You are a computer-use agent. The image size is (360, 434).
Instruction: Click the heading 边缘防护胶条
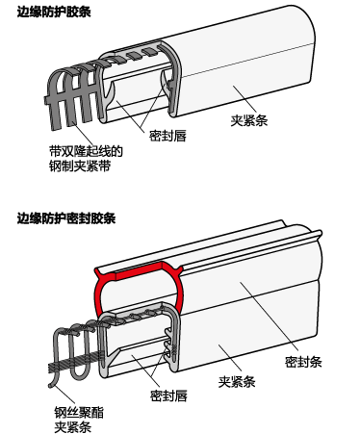[x=54, y=12]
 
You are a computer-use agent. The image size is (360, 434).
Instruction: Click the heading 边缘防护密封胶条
[x=66, y=218]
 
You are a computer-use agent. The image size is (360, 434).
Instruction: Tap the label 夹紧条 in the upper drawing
[x=249, y=120]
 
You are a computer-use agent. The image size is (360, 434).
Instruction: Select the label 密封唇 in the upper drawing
[x=167, y=136]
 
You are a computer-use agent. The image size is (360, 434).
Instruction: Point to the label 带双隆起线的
[x=86, y=151]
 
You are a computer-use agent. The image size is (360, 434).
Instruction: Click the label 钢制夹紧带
[x=80, y=166]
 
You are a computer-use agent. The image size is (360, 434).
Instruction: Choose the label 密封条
[x=303, y=362]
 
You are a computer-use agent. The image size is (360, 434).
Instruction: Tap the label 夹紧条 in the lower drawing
[x=237, y=382]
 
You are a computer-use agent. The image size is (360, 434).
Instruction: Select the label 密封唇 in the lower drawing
[x=168, y=396]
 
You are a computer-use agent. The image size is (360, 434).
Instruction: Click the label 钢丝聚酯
[x=79, y=413]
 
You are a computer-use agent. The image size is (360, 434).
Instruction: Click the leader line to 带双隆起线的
[x=82, y=134]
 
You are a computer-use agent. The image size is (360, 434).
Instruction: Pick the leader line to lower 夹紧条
[x=230, y=358]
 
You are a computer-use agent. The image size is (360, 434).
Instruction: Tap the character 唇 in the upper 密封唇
[x=180, y=136]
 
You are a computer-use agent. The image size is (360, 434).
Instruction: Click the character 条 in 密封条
[x=316, y=362]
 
